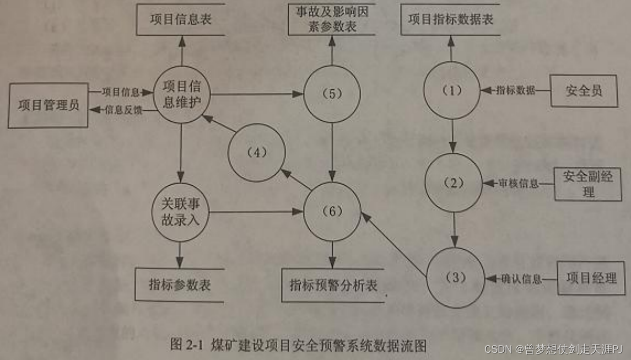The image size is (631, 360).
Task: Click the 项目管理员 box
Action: [x=48, y=105]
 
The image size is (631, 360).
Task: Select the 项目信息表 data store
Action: [x=181, y=20]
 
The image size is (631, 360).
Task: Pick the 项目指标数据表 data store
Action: [x=450, y=20]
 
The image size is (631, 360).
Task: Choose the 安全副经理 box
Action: [x=587, y=184]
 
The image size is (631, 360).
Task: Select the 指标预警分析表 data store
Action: [x=333, y=285]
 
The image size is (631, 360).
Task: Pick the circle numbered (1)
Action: [x=452, y=91]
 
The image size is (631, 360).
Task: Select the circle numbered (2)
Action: [x=454, y=184]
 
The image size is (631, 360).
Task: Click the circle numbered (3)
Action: [x=455, y=277]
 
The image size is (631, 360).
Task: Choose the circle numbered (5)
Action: [x=332, y=94]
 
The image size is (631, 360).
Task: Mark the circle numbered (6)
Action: [x=332, y=212]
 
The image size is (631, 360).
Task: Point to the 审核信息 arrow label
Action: [x=518, y=184]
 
